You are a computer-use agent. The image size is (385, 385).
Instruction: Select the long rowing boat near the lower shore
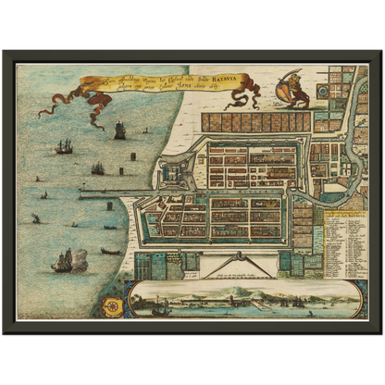pos(110,251)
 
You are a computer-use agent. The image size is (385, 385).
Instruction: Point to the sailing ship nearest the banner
pos(119,130)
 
